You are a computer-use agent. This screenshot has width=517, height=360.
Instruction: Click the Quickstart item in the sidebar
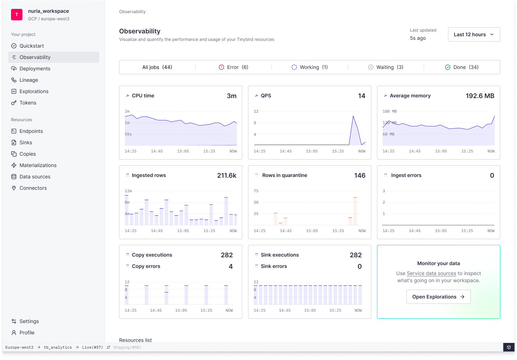[x=32, y=46]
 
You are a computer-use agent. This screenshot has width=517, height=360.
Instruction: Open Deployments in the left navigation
[x=35, y=69]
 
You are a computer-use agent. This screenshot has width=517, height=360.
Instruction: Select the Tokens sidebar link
[x=28, y=103]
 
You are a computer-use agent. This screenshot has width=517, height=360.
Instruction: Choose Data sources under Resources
[x=35, y=177]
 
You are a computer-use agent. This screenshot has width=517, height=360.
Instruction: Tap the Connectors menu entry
[x=33, y=188]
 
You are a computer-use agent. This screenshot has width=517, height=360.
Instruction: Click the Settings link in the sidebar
[x=29, y=321]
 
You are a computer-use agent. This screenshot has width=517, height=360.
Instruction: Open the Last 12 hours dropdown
[x=474, y=34]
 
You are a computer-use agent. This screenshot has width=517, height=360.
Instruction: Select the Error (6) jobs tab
[x=234, y=67]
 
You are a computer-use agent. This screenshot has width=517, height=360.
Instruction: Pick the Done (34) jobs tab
[x=462, y=67]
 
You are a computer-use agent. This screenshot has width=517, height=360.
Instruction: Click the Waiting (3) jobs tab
[x=386, y=67]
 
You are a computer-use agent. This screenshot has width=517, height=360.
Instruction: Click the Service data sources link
[x=431, y=273]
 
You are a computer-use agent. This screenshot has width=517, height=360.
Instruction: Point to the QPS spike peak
[x=353, y=116]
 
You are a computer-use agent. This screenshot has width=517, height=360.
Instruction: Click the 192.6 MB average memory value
[x=480, y=96]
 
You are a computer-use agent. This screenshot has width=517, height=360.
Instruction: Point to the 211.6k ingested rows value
[x=226, y=176]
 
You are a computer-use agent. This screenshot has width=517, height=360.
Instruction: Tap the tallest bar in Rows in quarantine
[x=355, y=211]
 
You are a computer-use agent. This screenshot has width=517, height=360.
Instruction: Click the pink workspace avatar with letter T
[x=17, y=15]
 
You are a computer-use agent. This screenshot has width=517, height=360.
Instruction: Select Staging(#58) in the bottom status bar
[x=127, y=347]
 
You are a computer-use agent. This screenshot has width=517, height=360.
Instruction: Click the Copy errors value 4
[x=231, y=267]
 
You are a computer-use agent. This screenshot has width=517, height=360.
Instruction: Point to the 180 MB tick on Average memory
[x=389, y=112]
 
